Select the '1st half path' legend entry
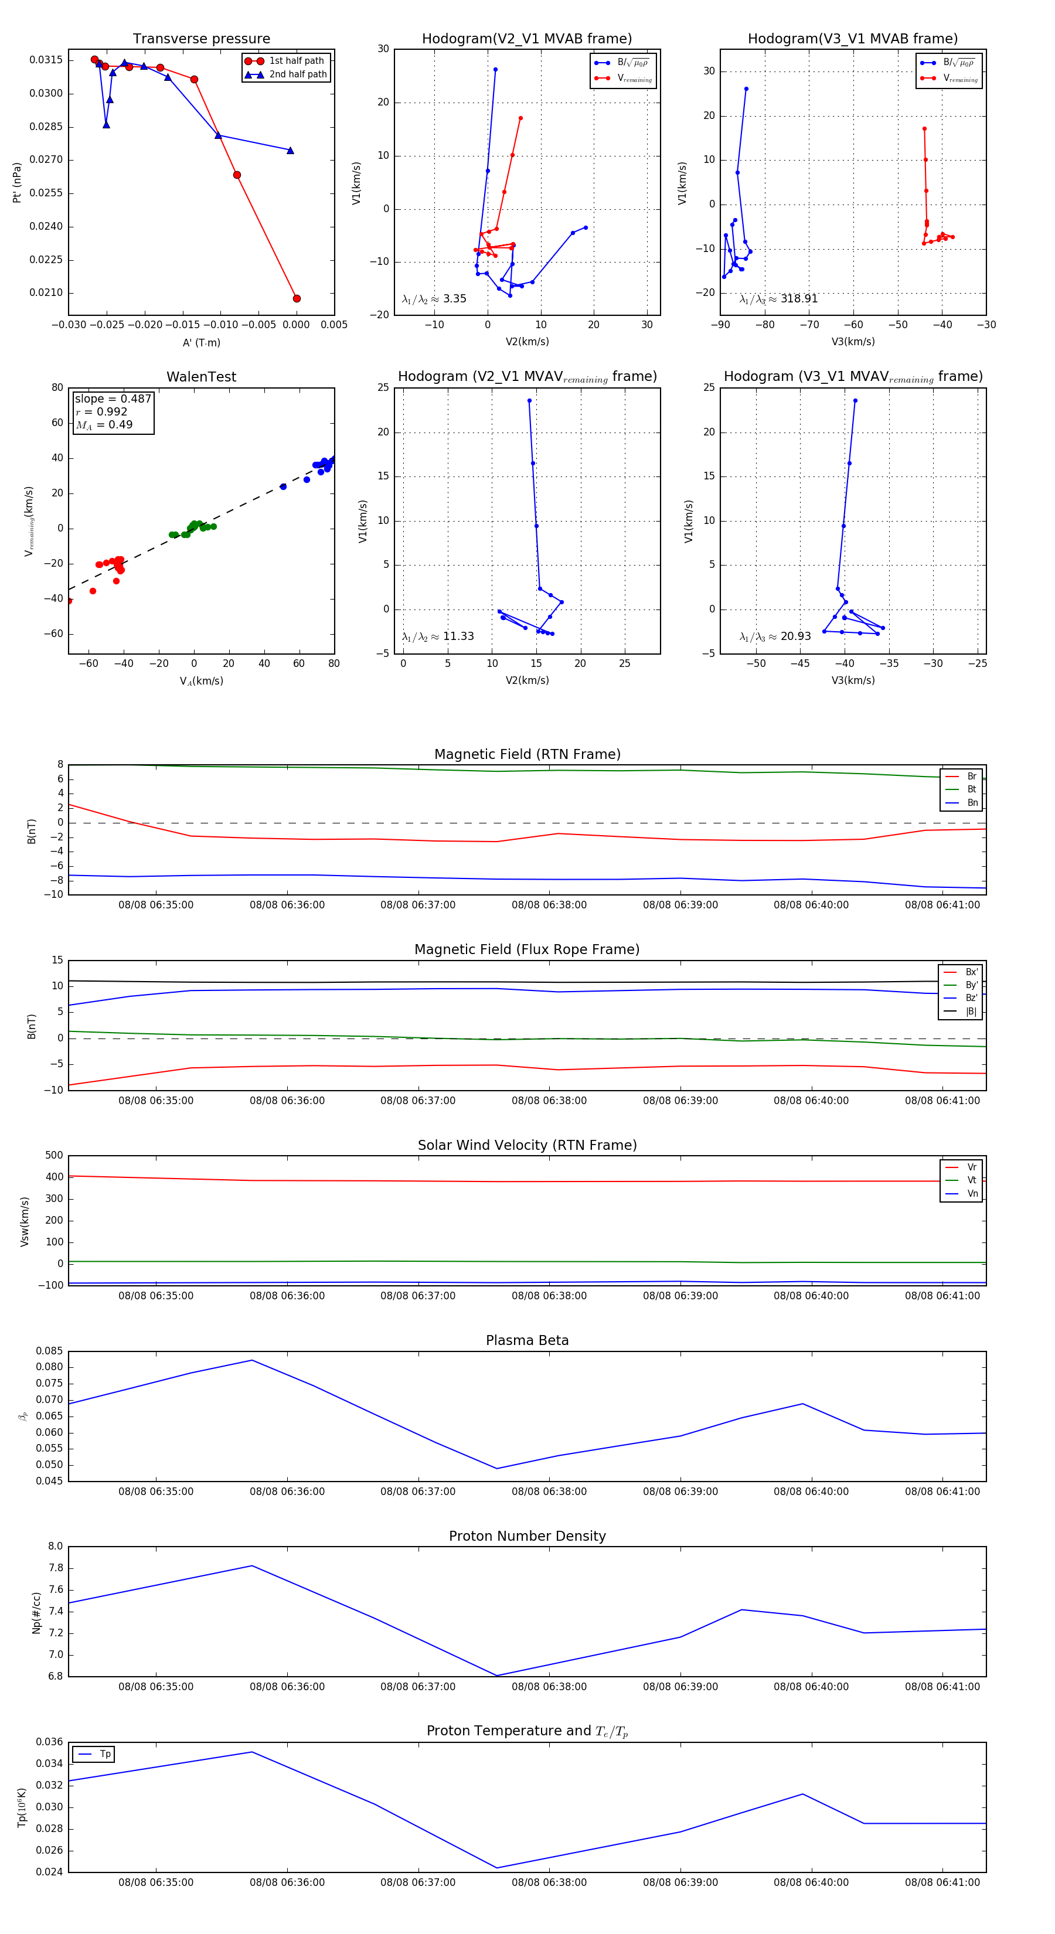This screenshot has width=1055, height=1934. (296, 61)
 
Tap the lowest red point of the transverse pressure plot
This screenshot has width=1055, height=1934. (297, 299)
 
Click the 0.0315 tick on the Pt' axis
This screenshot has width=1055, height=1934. (46, 60)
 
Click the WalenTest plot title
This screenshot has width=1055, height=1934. (201, 377)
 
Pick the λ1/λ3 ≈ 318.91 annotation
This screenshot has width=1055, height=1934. (778, 299)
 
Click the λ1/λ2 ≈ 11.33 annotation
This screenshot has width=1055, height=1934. (438, 636)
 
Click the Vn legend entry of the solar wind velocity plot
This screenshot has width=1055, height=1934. (972, 1194)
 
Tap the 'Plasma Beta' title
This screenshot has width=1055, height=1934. (527, 1341)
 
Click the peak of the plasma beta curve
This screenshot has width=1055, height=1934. (252, 1360)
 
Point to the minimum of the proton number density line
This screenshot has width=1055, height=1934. (497, 1676)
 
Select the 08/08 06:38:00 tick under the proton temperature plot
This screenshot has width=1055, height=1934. (549, 1882)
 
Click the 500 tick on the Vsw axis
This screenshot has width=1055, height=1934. (54, 1156)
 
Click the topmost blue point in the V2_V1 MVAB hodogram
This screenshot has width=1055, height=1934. (495, 70)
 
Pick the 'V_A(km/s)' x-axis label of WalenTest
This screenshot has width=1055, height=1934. (201, 681)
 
